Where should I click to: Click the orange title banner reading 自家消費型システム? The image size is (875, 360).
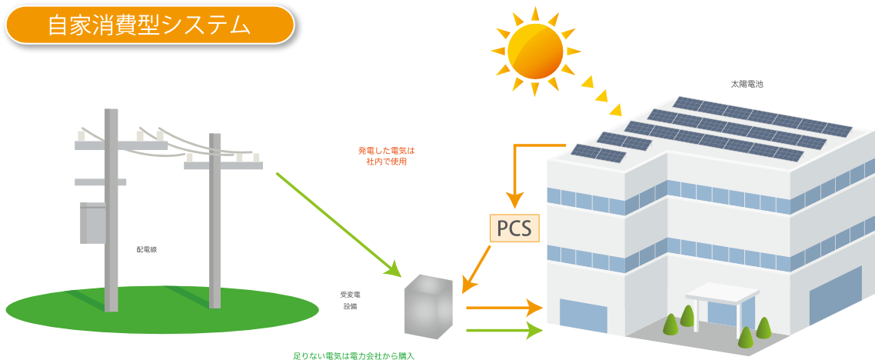coord(151,26)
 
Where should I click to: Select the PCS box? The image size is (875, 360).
coord(514,228)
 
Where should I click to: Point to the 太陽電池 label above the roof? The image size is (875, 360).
coord(747,82)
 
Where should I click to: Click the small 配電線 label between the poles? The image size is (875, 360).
coord(147,249)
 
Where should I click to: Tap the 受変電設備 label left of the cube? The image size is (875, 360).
coord(350,300)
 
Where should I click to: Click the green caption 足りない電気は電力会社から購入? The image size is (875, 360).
coord(353,356)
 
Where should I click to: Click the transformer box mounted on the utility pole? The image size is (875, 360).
coord(93,223)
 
